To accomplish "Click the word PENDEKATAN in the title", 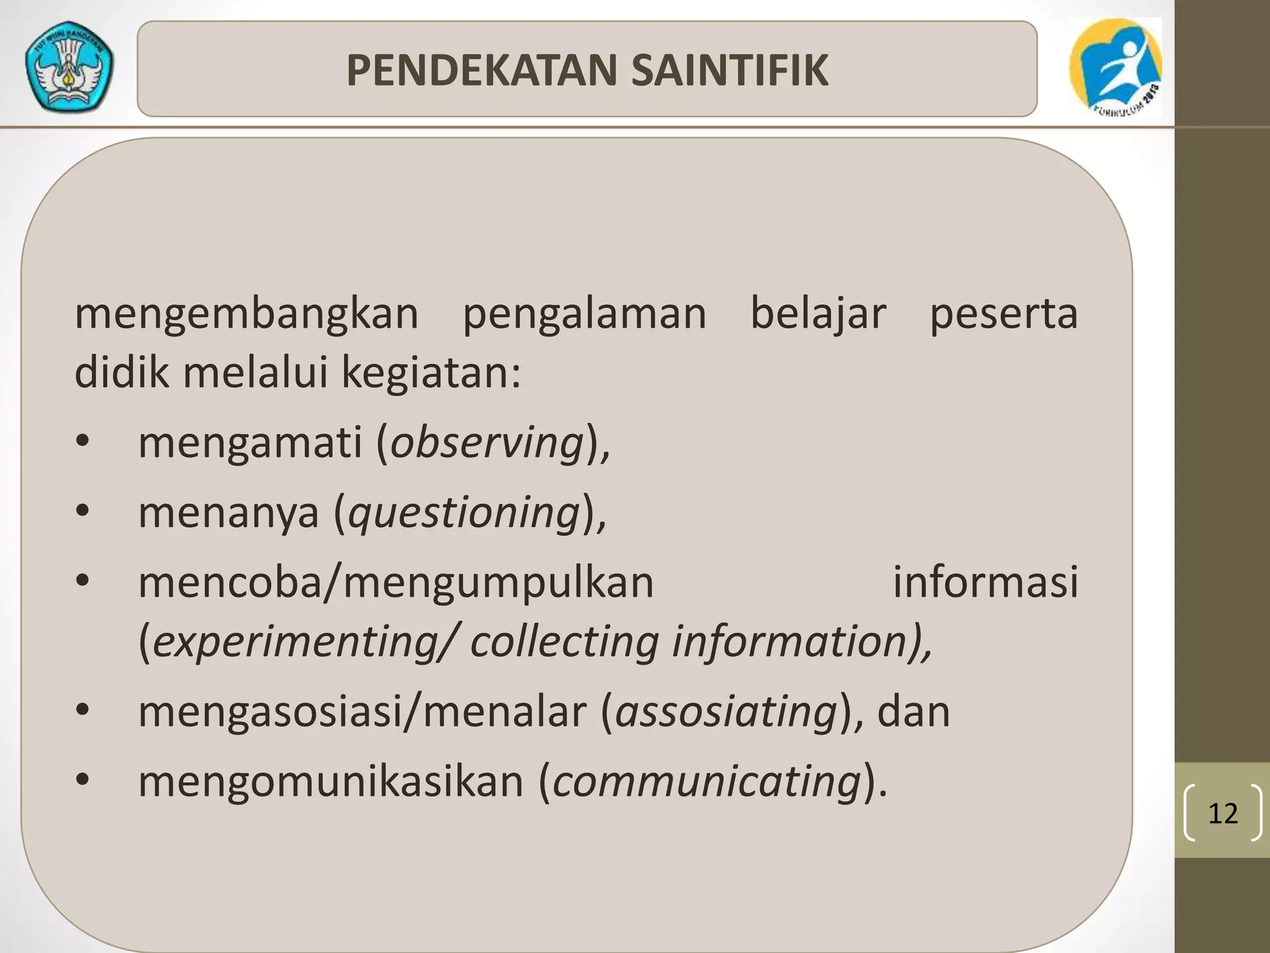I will click(481, 70).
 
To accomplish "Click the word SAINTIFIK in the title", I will click(730, 70).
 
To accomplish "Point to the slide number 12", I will click(1222, 813).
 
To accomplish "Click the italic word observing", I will click(487, 443).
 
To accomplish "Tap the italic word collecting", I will click(564, 642).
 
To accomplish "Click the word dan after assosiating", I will click(913, 712).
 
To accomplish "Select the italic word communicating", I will click(707, 782).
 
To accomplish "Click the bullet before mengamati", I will click(83, 442).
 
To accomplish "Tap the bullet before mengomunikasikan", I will click(83, 781).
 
